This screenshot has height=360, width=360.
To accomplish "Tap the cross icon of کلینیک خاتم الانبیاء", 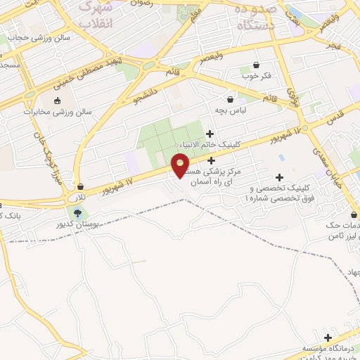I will [210, 134].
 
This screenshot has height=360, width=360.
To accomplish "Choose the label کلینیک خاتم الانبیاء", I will [210, 145].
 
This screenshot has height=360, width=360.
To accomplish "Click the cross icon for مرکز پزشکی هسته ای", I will [211, 160].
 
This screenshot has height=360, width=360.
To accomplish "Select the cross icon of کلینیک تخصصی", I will [280, 177].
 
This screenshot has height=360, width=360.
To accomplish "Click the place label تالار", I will [82, 198].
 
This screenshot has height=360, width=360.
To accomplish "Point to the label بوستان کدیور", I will [77, 224].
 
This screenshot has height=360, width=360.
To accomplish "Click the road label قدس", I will [335, 115].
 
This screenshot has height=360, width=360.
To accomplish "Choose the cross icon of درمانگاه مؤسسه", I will [328, 337].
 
